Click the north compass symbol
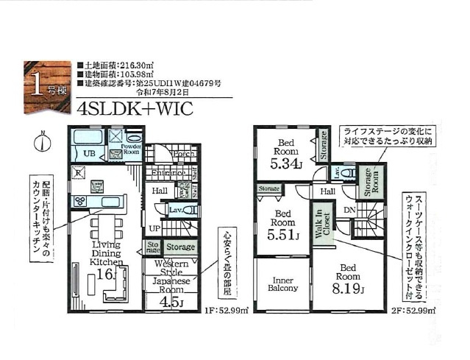(x=44, y=141)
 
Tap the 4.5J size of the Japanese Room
(x=171, y=300)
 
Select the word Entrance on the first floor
(x=168, y=173)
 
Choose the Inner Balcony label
(x=283, y=284)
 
